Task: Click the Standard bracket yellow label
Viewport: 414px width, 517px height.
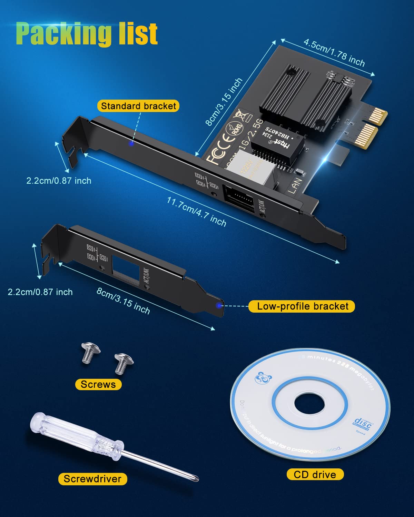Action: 138,106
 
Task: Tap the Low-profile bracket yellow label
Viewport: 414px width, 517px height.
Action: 302,306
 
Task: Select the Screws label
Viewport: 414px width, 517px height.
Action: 98,384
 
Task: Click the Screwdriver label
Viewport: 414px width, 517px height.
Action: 92,479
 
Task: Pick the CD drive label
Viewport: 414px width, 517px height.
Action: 315,475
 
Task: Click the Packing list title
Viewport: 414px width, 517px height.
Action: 87,33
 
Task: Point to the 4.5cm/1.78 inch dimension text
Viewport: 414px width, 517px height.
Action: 334,52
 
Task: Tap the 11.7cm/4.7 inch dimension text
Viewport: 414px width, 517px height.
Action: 197,212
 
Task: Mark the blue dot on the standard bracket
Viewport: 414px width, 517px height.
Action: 131,143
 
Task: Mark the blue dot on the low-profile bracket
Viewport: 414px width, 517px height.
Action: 218,305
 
